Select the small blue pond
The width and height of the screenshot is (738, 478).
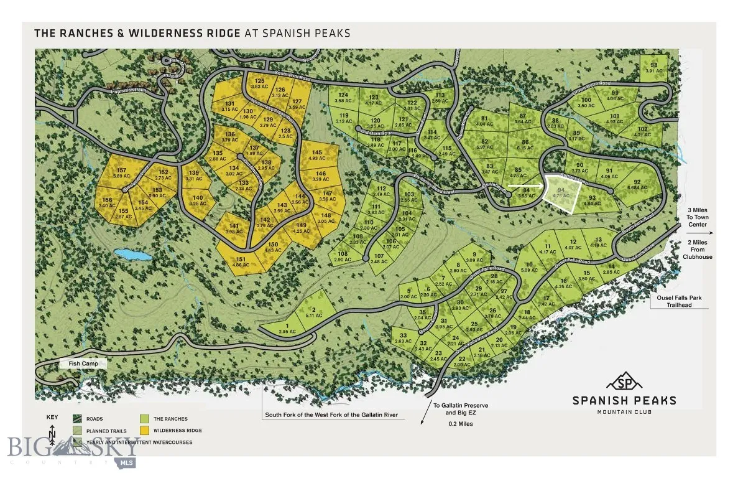[x=133, y=255]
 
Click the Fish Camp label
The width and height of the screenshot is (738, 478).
[x=83, y=363]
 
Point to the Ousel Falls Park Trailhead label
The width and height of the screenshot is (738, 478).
[x=679, y=301]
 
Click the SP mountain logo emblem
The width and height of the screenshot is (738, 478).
[x=624, y=381]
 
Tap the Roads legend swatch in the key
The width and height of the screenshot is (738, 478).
[x=78, y=419]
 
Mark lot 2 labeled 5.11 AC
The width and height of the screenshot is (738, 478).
[x=314, y=312]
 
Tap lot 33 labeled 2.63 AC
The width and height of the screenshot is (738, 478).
[x=403, y=338]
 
